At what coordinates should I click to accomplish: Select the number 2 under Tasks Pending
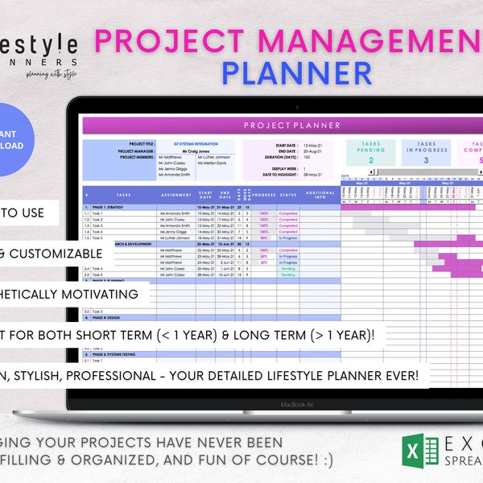coord(371,160)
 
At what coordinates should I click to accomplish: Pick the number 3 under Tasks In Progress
coord(426,160)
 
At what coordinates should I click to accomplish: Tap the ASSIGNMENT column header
coord(175,194)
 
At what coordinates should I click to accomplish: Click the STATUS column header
coord(288,194)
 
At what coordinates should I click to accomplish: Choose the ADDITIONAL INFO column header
coord(320,194)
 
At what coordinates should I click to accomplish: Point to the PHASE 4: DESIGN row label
coord(105,318)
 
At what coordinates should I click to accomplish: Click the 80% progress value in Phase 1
coord(263,237)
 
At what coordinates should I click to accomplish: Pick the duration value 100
coord(306,156)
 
